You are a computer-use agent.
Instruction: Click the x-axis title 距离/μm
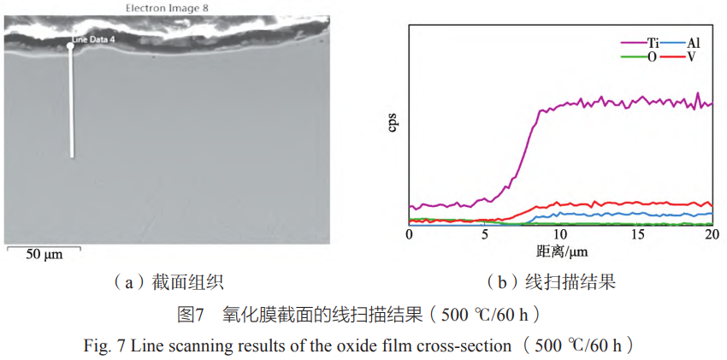pyautogui.click(x=561, y=251)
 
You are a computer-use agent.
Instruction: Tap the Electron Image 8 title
pyautogui.click(x=167, y=8)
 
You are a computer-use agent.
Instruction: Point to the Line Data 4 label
pyautogui.click(x=92, y=39)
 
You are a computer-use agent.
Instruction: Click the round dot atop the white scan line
pyautogui.click(x=71, y=46)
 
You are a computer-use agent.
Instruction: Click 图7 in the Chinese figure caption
pyautogui.click(x=190, y=315)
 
